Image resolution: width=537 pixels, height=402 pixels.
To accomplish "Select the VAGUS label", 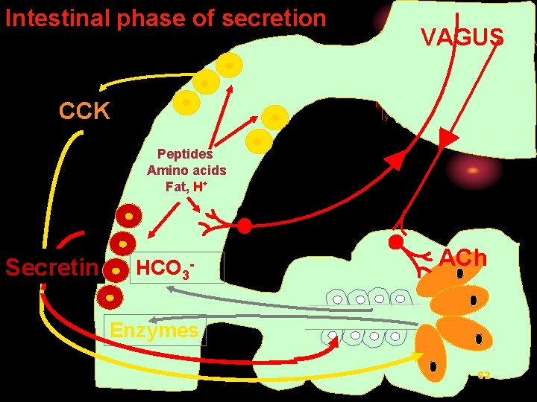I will click(462, 37).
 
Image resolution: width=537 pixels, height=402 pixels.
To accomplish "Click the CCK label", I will click(85, 112).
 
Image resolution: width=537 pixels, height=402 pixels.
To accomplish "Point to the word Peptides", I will click(185, 154).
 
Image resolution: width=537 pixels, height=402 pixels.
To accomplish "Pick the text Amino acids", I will click(186, 170).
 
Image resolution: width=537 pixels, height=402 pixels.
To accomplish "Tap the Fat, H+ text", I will click(186, 186).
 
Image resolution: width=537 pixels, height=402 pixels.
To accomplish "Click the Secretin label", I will click(51, 267).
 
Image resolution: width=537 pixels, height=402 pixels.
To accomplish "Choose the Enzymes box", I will click(154, 330).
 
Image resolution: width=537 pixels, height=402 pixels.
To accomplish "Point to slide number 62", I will click(484, 374).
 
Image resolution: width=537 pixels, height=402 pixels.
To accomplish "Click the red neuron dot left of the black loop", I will click(244, 226).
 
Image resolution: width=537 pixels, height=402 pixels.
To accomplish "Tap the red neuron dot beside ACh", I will click(395, 243).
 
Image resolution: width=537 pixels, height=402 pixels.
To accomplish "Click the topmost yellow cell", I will click(229, 65).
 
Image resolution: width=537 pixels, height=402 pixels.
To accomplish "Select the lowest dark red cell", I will click(110, 296).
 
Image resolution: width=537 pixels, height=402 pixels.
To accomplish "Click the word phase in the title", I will click(146, 18).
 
